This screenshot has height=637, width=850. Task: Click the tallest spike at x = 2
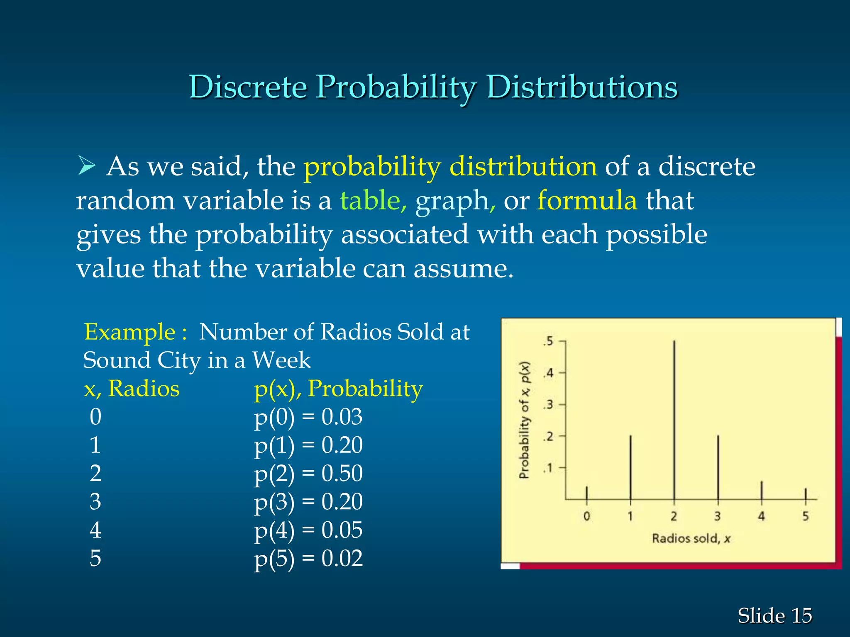click(x=674, y=419)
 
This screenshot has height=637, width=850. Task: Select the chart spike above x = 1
click(x=630, y=467)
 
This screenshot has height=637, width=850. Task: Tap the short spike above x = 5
click(x=805, y=494)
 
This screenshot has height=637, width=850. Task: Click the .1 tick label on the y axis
click(x=549, y=468)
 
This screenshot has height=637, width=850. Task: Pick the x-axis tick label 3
click(x=718, y=516)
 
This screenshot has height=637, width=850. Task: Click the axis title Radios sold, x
click(x=691, y=538)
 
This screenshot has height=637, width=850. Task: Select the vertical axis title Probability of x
click(x=525, y=420)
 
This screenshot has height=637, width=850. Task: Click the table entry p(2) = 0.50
click(x=308, y=473)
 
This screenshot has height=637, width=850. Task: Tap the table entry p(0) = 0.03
click(x=308, y=417)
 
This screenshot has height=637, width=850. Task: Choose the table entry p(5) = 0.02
click(x=308, y=558)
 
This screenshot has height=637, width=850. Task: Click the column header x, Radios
click(x=132, y=389)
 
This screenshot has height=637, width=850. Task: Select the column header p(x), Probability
click(x=338, y=389)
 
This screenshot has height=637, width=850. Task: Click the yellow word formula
click(x=587, y=200)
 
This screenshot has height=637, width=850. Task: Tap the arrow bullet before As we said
click(x=87, y=167)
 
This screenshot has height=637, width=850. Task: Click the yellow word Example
click(x=129, y=332)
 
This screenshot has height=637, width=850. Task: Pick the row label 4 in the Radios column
click(x=95, y=530)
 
